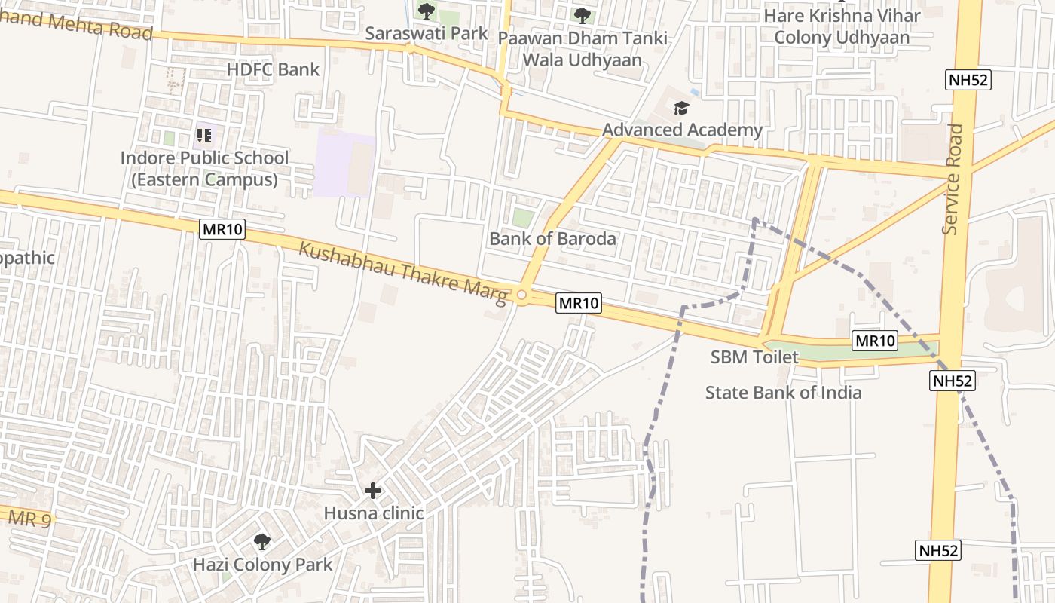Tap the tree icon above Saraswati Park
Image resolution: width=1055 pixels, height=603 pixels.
pyautogui.click(x=427, y=11)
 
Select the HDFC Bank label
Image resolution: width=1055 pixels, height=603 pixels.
pyautogui.click(x=273, y=70)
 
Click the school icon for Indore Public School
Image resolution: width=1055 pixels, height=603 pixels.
pyautogui.click(x=203, y=136)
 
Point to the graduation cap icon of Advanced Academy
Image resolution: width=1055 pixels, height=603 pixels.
pyautogui.click(x=681, y=109)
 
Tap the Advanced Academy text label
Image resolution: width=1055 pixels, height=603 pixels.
pyautogui.click(x=682, y=130)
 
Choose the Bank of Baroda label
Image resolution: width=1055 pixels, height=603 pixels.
pyautogui.click(x=552, y=239)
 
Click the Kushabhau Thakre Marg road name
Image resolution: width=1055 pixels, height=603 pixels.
pyautogui.click(x=403, y=273)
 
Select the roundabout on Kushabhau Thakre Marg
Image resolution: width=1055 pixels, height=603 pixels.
pyautogui.click(x=522, y=295)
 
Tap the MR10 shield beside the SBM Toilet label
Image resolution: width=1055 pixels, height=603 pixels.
pyautogui.click(x=874, y=341)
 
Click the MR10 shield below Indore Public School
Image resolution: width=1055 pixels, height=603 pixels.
pyautogui.click(x=222, y=229)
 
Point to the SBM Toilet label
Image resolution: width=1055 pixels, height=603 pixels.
pyautogui.click(x=754, y=357)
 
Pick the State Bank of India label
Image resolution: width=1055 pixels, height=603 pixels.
pyautogui.click(x=783, y=393)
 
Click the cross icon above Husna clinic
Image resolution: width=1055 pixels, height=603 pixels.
pyautogui.click(x=373, y=491)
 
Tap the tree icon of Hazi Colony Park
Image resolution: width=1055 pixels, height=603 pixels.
pyautogui.click(x=262, y=541)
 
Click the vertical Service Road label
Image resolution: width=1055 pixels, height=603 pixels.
pyautogui.click(x=953, y=179)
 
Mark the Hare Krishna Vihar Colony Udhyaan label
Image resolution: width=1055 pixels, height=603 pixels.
pyautogui.click(x=842, y=26)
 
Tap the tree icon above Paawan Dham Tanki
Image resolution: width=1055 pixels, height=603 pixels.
pyautogui.click(x=582, y=14)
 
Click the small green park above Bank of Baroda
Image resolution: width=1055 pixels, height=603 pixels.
pyautogui.click(x=523, y=218)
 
